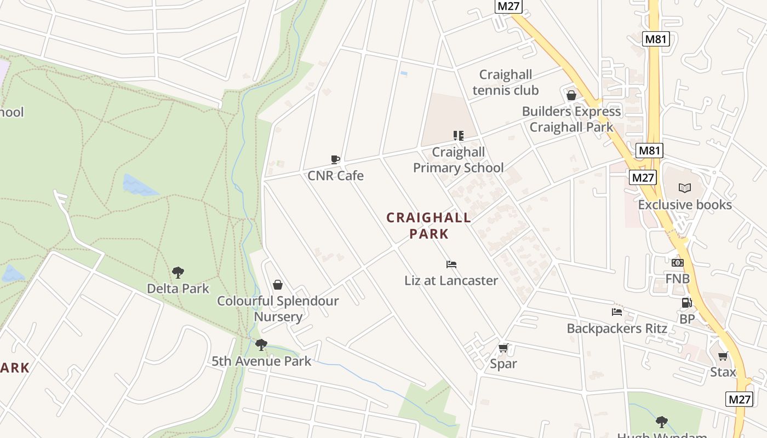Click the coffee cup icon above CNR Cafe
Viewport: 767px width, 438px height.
point(335,159)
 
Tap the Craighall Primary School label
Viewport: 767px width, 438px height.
point(458,160)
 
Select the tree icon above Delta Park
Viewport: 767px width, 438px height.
point(178,272)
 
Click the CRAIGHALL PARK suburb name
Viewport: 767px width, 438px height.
point(429,226)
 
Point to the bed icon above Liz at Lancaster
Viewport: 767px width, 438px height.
point(451,264)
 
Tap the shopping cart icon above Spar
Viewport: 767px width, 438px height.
point(503,348)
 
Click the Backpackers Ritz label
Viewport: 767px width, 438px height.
point(617,328)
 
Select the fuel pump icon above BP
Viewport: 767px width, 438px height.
point(686,303)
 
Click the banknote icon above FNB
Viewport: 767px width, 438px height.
point(678,263)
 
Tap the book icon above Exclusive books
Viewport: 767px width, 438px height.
point(685,188)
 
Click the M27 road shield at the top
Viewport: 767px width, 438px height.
point(508,7)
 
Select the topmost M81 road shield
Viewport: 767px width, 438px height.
point(656,39)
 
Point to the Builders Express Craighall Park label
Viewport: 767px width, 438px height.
point(571,119)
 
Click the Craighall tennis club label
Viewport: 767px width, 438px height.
point(506,82)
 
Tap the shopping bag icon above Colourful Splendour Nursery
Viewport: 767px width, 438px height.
point(278,285)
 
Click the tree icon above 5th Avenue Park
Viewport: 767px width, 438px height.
point(261,345)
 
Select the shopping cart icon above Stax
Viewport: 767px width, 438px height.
point(723,356)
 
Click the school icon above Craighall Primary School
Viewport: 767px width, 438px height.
point(458,135)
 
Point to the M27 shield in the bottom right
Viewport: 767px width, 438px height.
point(739,399)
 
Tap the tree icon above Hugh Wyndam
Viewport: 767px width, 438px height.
point(662,422)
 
